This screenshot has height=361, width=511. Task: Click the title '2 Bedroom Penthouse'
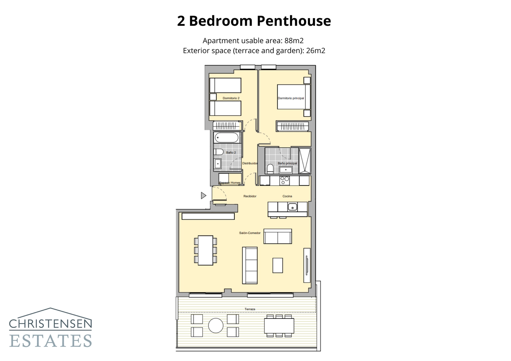click(x=254, y=21)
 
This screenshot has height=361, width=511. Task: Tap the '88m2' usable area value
click(x=294, y=41)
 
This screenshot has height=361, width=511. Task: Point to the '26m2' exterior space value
click(x=316, y=51)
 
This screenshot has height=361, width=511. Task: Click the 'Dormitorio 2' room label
click(x=231, y=98)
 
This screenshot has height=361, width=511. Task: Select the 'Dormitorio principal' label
click(x=291, y=98)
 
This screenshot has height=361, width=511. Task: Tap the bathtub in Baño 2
click(x=227, y=138)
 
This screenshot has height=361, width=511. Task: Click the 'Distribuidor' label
click(x=250, y=163)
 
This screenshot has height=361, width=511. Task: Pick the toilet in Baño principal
click(x=270, y=168)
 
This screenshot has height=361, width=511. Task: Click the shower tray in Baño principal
click(x=305, y=161)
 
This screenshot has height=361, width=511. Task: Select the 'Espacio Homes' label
click(x=230, y=183)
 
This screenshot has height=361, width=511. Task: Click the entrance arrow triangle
click(x=203, y=196)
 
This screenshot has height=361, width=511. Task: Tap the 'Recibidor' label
click(x=250, y=196)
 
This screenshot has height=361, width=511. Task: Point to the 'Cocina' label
click(x=287, y=196)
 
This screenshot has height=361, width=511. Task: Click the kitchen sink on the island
click(x=292, y=207)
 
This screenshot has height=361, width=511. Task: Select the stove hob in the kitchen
click(x=284, y=181)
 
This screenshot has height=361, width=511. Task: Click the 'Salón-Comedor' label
click(x=250, y=233)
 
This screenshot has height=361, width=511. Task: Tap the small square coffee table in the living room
click(x=278, y=265)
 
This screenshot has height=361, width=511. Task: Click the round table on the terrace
click(x=216, y=326)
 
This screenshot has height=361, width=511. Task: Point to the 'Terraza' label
click(x=250, y=309)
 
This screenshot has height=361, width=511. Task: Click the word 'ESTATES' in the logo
click(x=51, y=341)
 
